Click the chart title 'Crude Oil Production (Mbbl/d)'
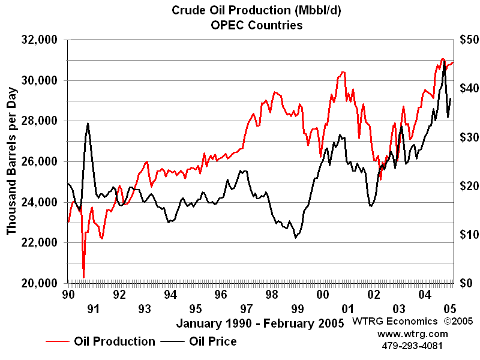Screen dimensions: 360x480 click(256, 10)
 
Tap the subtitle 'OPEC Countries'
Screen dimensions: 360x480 click(256, 25)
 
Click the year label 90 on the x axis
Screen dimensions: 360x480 click(68, 295)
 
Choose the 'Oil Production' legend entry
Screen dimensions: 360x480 click(114, 341)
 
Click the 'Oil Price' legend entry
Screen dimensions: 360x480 click(212, 341)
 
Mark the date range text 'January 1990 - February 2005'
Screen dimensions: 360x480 click(260, 323)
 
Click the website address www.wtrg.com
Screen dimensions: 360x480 click(413, 334)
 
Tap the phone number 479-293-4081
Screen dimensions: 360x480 click(413, 346)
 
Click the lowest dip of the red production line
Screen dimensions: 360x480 click(83, 277)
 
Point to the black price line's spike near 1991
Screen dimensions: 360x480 click(88, 124)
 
